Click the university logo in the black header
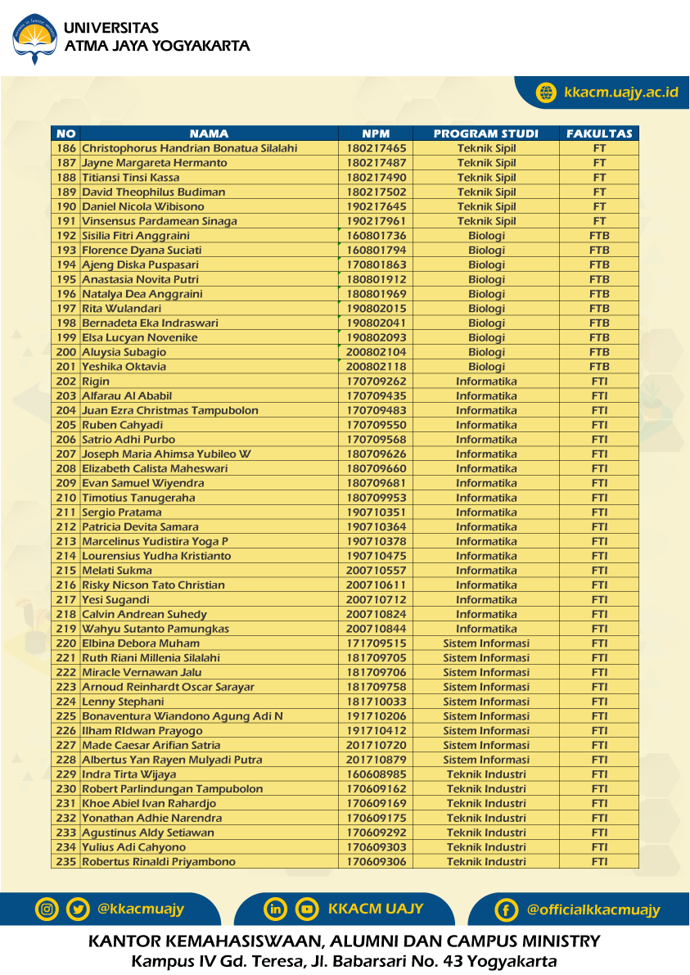[x=34, y=38]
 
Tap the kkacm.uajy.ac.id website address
[x=620, y=92]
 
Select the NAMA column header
[x=209, y=133]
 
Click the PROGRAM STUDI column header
[x=485, y=133]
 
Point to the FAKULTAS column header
[x=599, y=133]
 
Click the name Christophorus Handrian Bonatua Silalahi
[x=189, y=148]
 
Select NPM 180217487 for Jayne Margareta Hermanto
[x=376, y=163]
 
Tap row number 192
[x=66, y=236]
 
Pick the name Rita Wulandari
[x=121, y=309]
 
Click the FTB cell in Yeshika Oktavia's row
[x=599, y=367]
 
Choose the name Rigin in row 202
[x=96, y=381]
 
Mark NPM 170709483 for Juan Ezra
[x=376, y=411]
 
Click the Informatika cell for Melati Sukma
[x=486, y=571]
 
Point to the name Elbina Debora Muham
[x=141, y=643]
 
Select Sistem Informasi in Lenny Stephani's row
[x=486, y=702]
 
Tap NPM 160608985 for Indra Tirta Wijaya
[x=376, y=774]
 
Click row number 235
[x=66, y=862]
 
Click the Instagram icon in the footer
[x=47, y=909]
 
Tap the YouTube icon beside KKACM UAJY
[x=307, y=909]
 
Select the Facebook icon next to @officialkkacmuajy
[x=507, y=910]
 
